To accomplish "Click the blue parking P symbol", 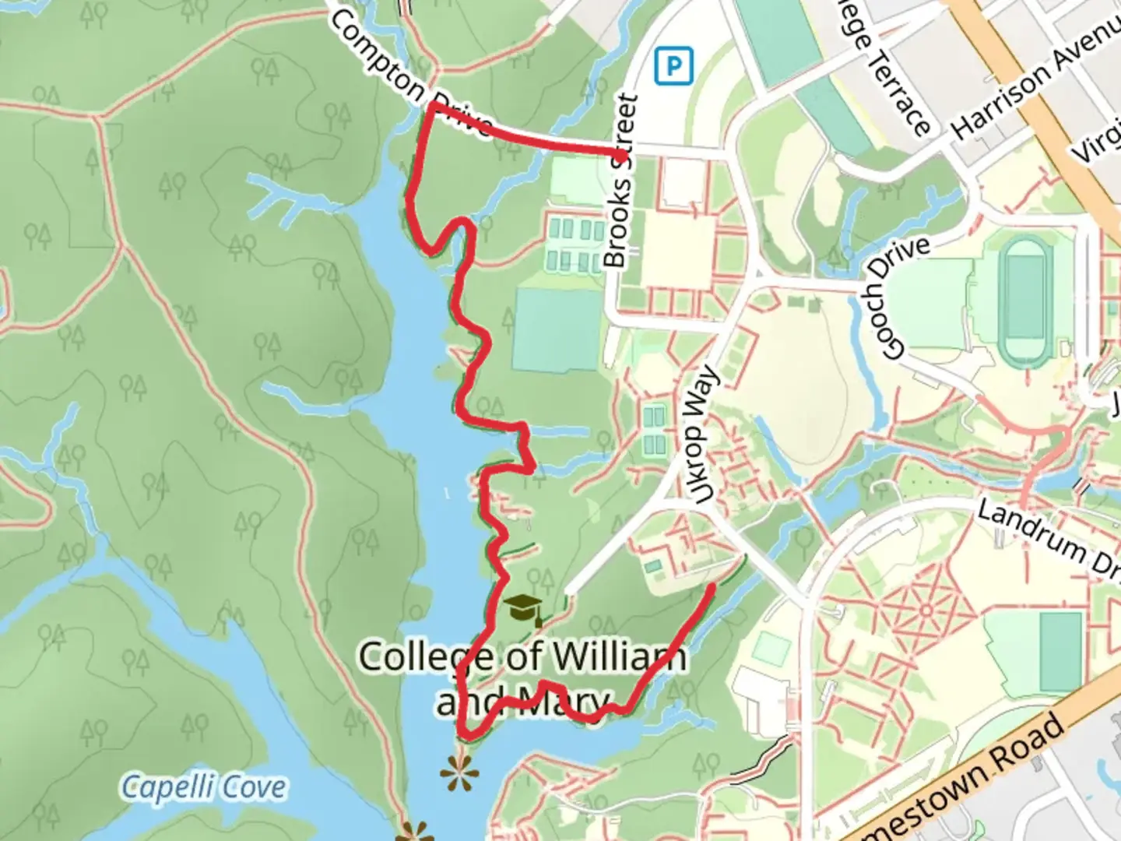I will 673,66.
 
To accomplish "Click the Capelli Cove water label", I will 203,787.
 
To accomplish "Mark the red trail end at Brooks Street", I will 623,155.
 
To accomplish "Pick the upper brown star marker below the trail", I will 455,773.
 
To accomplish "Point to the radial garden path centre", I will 926,610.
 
